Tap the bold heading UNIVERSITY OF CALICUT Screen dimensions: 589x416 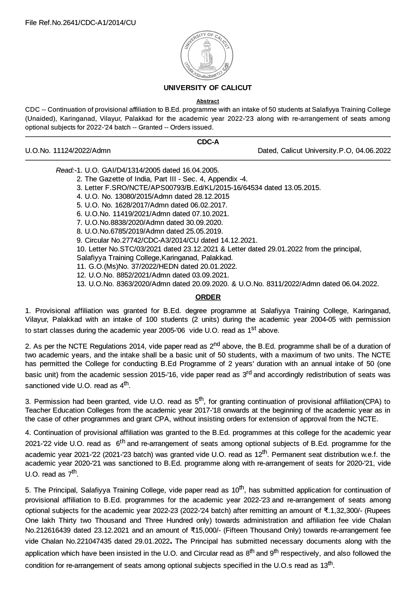pyautogui.click(x=208, y=88)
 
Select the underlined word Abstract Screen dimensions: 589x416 pyautogui.click(x=208, y=101)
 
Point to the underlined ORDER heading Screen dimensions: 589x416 pyautogui.click(x=208, y=297)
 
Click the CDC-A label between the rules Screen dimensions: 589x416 pyautogui.click(x=208, y=142)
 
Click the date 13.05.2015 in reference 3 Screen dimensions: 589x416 pyautogui.click(x=305, y=188)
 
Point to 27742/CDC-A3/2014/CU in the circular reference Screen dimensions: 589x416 pyautogui.click(x=152, y=240)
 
